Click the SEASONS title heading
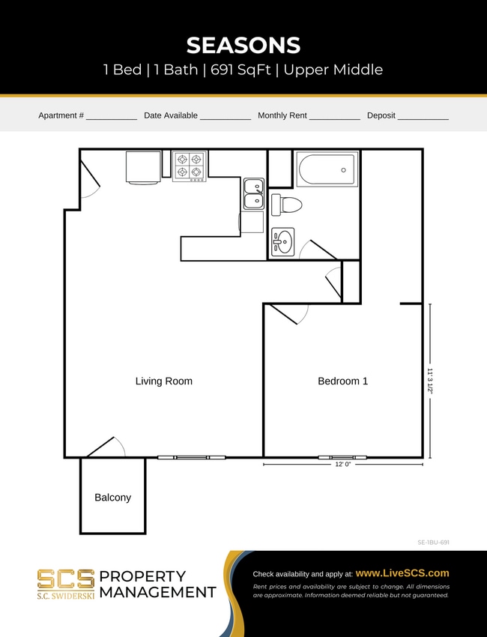(x=243, y=45)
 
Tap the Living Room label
(x=163, y=381)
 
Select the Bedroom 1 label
(x=342, y=381)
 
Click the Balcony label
(x=112, y=497)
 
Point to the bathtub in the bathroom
(x=327, y=170)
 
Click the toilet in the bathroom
(x=286, y=204)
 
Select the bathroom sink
(x=282, y=241)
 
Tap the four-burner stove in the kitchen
(x=190, y=166)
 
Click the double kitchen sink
(x=253, y=193)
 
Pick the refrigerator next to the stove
(x=143, y=166)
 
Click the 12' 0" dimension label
(x=342, y=465)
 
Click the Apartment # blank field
(x=112, y=116)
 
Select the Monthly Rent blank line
(x=334, y=116)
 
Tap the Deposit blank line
(x=423, y=116)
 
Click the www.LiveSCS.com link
(x=402, y=573)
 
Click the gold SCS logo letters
(x=66, y=579)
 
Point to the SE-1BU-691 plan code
(x=433, y=541)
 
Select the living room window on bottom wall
(x=191, y=457)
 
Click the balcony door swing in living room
(x=106, y=447)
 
